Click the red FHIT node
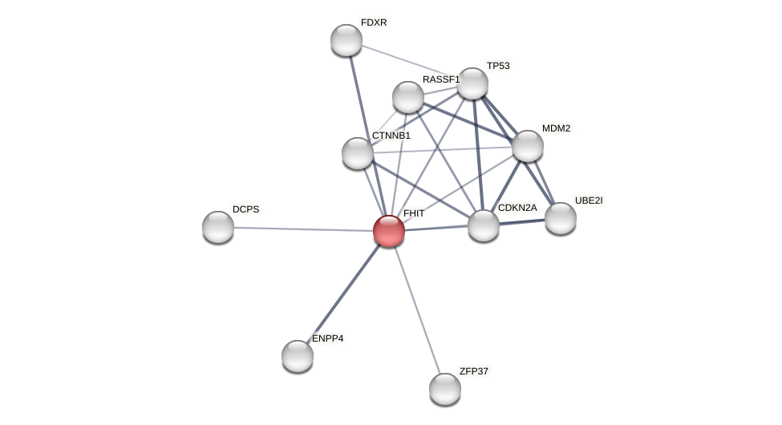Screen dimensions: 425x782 point(389,231)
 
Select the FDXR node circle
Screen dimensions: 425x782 point(346,40)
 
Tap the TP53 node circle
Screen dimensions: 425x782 point(472,83)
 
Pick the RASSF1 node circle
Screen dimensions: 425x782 point(408,97)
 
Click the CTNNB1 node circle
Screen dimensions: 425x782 point(358,153)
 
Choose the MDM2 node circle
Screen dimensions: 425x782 point(528,146)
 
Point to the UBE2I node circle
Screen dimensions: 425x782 point(561,218)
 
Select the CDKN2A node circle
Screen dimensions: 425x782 point(484,225)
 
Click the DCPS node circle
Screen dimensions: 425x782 point(218,227)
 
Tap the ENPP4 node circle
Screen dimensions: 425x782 point(298,356)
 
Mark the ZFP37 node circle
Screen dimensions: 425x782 point(445,389)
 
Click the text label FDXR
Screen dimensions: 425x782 point(374,22)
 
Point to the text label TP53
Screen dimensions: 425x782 point(498,66)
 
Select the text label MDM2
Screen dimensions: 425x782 point(556,128)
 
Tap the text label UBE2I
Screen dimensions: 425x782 point(589,200)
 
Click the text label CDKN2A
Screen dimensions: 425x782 point(517,208)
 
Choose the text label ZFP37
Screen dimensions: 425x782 point(473,371)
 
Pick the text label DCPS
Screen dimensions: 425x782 point(246,209)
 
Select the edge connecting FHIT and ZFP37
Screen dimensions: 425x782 point(417,310)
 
